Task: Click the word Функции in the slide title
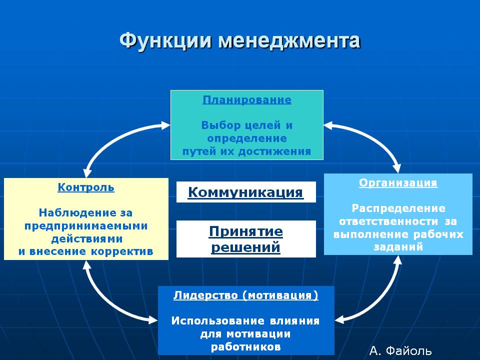[x=165, y=41]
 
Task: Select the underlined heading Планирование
[x=247, y=100]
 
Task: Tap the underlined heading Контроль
[x=86, y=187]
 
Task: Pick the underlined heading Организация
[x=398, y=183]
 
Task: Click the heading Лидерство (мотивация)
[x=246, y=295]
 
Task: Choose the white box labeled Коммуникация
[x=246, y=192]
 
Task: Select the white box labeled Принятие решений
[x=246, y=239]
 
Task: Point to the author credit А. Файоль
[x=400, y=351]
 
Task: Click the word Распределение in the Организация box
[x=398, y=208]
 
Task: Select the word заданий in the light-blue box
[x=398, y=246]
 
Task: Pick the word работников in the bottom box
[x=246, y=347]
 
